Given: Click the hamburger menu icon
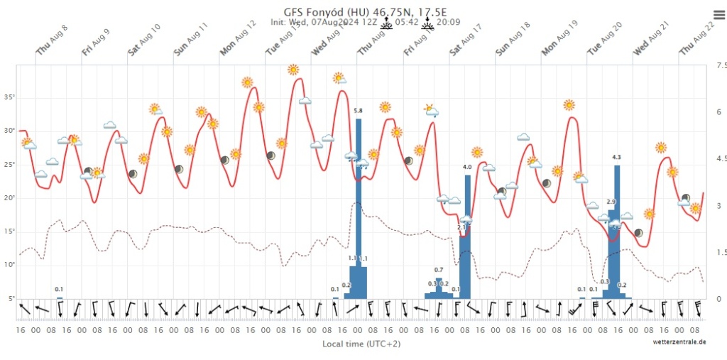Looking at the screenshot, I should click(718, 14).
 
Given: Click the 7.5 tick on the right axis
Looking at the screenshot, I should click(721, 66).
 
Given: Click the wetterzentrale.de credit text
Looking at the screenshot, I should click(679, 342).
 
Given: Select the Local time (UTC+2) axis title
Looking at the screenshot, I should click(352, 344).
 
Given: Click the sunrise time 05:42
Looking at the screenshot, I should click(406, 22).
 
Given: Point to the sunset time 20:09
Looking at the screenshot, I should click(449, 22).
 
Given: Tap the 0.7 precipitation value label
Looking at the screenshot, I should click(439, 270).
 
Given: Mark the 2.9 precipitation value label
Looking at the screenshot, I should click(611, 202).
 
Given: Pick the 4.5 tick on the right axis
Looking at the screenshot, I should click(721, 159).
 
